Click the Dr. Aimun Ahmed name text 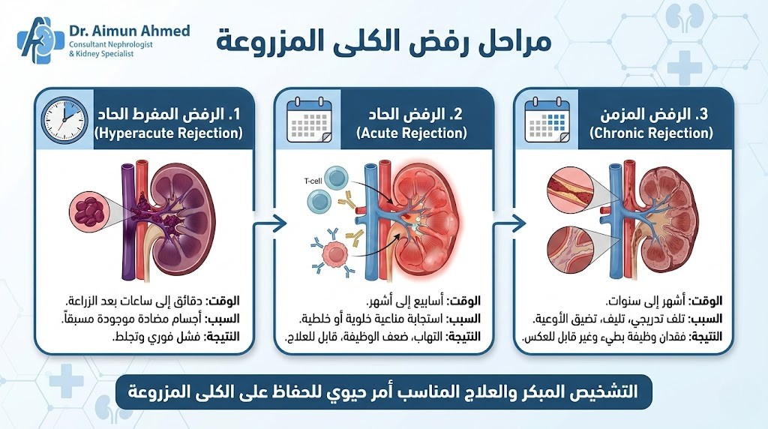click(x=129, y=31)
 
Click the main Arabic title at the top click(x=384, y=41)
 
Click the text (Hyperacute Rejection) click(x=169, y=133)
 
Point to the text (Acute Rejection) click(x=412, y=133)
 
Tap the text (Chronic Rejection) click(x=651, y=133)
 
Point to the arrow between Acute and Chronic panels click(x=508, y=222)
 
